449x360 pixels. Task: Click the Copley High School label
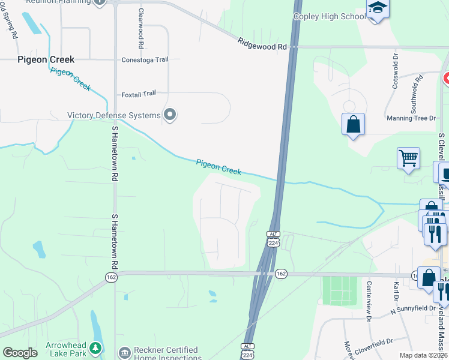pos(328,16)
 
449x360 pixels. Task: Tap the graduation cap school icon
pos(378,8)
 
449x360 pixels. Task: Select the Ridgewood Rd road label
pos(262,43)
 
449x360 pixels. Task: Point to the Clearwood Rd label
pos(140,28)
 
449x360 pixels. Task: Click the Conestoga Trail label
pos(145,59)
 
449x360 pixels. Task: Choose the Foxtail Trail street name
pos(138,94)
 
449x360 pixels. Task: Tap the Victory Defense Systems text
pos(113,115)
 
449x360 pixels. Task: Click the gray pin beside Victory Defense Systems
pos(170,115)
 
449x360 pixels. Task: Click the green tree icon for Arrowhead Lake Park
pos(94,347)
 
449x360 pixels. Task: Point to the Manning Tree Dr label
pos(411,118)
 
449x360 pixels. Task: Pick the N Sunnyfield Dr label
pos(413,309)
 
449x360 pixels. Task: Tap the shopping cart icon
pos(408,158)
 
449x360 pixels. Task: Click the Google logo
pos(20,353)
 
